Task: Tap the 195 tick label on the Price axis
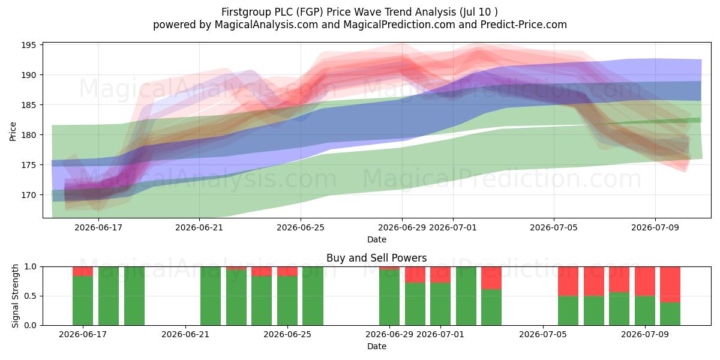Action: pos(29,45)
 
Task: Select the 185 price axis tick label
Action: pos(29,105)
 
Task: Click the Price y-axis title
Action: pos(13,131)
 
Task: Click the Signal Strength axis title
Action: pos(15,296)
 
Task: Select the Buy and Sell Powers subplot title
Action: pos(376,258)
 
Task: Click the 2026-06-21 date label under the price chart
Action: pos(199,227)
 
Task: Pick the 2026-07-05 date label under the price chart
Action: pos(553,227)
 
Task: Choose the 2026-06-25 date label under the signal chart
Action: pos(287,334)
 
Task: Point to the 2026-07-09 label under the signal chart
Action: pos(645,334)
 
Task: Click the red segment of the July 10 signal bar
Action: pos(670,284)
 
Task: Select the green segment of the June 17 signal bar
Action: pos(83,301)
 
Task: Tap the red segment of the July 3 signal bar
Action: pos(491,278)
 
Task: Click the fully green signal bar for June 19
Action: pos(134,296)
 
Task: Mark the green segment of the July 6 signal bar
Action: pos(568,311)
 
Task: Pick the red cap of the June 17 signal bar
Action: pos(83,271)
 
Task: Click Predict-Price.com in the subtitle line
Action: pos(524,25)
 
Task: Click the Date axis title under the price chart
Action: pos(377,239)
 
